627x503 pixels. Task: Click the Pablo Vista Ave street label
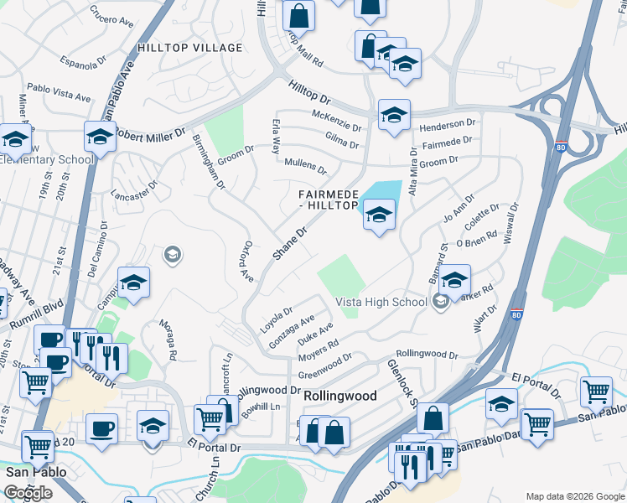click(59, 92)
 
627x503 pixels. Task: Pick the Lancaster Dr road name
click(139, 195)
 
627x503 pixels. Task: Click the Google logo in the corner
click(28, 493)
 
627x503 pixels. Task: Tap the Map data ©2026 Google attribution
click(574, 496)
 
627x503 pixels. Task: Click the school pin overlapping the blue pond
click(379, 216)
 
